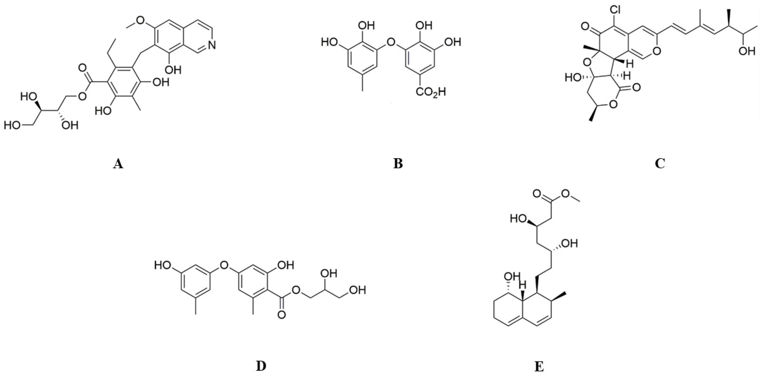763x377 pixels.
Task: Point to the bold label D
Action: (261, 367)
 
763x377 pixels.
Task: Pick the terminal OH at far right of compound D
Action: (358, 290)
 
